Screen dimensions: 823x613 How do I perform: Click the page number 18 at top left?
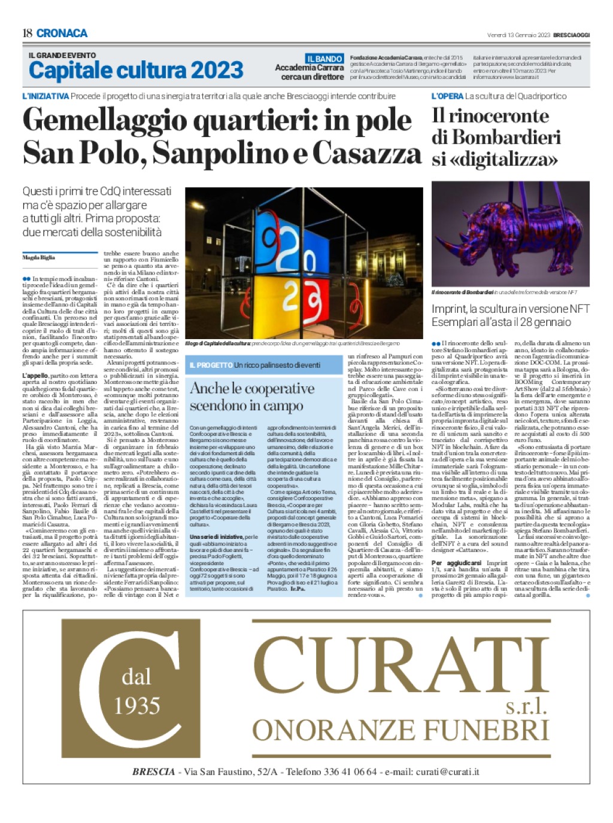point(28,33)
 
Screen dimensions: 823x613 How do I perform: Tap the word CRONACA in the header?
point(62,33)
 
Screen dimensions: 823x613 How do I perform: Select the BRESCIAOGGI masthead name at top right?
point(570,35)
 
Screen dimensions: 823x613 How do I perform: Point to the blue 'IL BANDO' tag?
point(324,59)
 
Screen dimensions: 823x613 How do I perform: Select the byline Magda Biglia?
point(38,257)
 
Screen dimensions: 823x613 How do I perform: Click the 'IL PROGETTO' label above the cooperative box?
point(211,365)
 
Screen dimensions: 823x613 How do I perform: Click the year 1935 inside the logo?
point(137,706)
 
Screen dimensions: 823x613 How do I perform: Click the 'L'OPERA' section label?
point(447,96)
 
